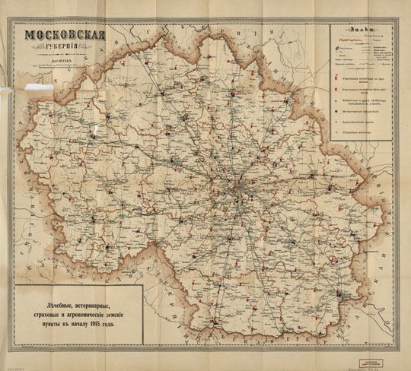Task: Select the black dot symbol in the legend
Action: pos(336,111)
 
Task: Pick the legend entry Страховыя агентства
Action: pos(358,132)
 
